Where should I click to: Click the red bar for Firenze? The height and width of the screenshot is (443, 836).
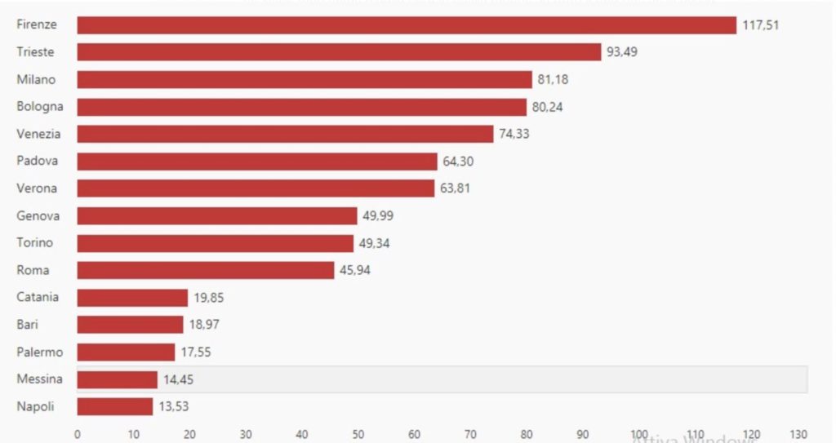[x=407, y=25]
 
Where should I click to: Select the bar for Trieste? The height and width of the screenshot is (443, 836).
[x=339, y=52]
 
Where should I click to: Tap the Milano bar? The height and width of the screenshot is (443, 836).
[x=305, y=80]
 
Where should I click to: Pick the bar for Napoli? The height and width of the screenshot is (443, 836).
[x=115, y=406]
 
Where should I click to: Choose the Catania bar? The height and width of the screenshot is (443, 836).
[x=132, y=298]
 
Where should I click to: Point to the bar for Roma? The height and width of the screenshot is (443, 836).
[x=206, y=270]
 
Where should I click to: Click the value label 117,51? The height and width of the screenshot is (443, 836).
[x=761, y=25]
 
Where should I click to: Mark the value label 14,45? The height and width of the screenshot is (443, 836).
[x=178, y=379]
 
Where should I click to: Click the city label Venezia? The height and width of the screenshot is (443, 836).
[x=38, y=134]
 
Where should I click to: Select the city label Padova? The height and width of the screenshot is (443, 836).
[x=38, y=161]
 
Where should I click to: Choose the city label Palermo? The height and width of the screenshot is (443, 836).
[x=39, y=352]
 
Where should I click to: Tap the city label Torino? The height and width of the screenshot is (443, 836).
[x=34, y=242]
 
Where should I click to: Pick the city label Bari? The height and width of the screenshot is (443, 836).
[x=28, y=325]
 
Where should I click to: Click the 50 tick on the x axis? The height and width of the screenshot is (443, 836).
[x=358, y=434]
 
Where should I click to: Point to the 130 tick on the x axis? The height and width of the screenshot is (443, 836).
[x=798, y=434]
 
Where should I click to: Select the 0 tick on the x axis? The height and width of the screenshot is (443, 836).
[x=78, y=434]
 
